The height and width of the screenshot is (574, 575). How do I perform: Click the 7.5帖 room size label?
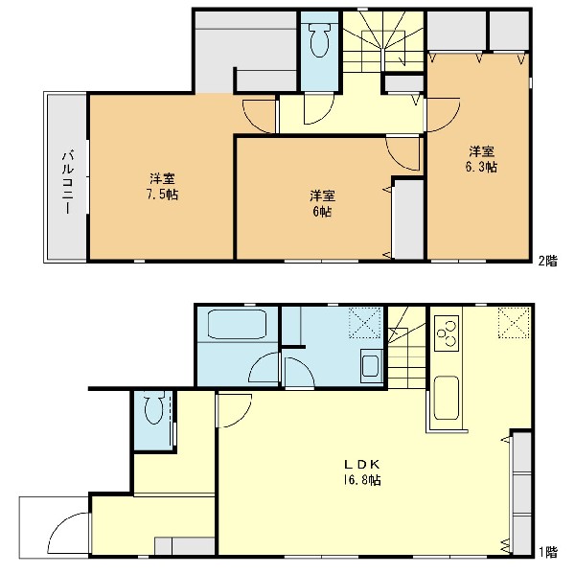(x=162, y=195)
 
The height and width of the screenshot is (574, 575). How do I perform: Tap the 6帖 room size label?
(x=322, y=212)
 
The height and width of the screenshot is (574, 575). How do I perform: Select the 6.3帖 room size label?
(x=481, y=167)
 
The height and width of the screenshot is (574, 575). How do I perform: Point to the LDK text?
(x=362, y=465)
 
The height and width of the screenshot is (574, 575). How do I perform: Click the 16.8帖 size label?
(x=362, y=480)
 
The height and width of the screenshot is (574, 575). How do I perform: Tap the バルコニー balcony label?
(x=67, y=182)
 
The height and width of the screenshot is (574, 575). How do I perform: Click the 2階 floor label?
(x=548, y=261)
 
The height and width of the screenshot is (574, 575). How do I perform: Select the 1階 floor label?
(x=548, y=552)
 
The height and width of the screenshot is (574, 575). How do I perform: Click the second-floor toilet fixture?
(x=320, y=40)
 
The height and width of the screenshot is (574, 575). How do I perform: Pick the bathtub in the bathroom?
(x=238, y=325)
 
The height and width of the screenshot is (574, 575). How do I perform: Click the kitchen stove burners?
(x=447, y=333)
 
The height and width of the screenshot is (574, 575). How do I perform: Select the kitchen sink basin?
(x=447, y=398)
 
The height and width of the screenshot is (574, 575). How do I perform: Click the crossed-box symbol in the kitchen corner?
(x=514, y=323)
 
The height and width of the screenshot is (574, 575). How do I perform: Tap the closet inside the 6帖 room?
(x=408, y=219)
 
